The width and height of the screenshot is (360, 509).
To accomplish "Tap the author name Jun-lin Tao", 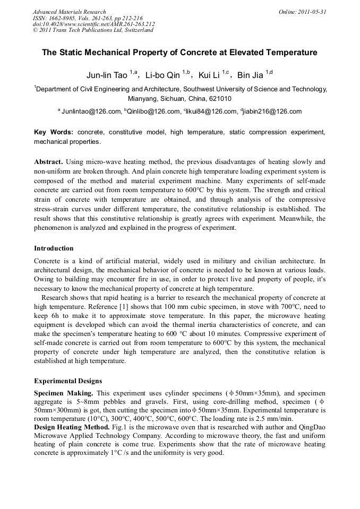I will pyautogui.click(x=106, y=75).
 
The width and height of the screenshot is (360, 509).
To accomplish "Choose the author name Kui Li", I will pyautogui.click(x=208, y=75).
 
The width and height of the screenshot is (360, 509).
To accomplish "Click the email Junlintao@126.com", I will pyautogui.click(x=91, y=111).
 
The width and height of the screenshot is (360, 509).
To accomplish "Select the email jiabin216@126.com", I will pyautogui.click(x=272, y=111).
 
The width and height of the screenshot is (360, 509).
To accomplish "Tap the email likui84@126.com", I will pyautogui.click(x=212, y=111).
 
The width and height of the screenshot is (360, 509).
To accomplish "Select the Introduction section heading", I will pyautogui.click(x=54, y=248).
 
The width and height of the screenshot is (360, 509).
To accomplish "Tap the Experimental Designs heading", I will pyautogui.click(x=68, y=381).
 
